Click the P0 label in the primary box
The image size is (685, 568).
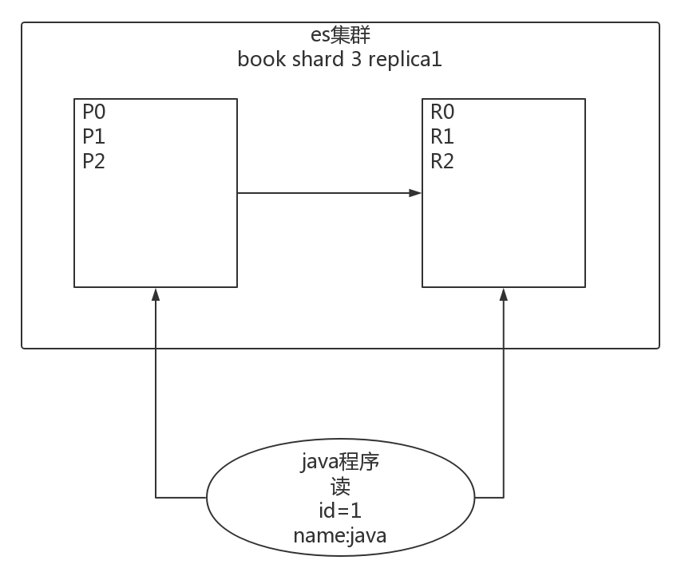pos(94,112)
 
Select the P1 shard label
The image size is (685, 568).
pos(94,136)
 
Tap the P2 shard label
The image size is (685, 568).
pos(94,161)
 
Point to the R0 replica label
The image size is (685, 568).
pos(442,112)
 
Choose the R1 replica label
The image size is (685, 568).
pos(442,136)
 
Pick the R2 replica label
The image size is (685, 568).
pos(442,161)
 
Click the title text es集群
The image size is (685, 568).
pos(340,36)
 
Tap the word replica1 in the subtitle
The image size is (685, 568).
pos(405,61)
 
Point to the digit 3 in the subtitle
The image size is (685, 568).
pos(356,60)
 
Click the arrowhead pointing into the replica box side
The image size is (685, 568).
pos(415,193)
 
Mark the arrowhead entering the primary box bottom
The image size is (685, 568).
pos(156,294)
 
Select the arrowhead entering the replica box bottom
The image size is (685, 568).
pos(504,294)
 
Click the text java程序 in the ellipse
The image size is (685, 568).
pos(340,463)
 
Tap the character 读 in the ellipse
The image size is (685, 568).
pos(340,487)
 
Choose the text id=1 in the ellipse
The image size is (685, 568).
pos(340,511)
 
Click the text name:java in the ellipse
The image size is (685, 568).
pos(340,535)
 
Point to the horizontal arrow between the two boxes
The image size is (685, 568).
pos(327,193)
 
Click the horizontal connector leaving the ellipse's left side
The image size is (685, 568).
pos(181,497)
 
